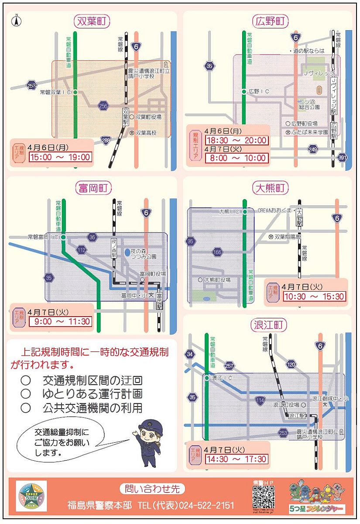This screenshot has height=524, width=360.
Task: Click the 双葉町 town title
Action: coord(92,21)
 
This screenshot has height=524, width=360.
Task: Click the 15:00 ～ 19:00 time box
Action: coord(60,157)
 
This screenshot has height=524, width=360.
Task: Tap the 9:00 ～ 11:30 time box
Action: coord(60,322)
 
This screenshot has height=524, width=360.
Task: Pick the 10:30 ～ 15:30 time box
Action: coord(314,296)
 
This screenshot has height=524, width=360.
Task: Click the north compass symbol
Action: coord(17,20)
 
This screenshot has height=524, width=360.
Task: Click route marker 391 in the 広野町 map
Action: coord(343,157)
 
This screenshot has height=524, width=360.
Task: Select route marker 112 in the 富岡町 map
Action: coord(82,250)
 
